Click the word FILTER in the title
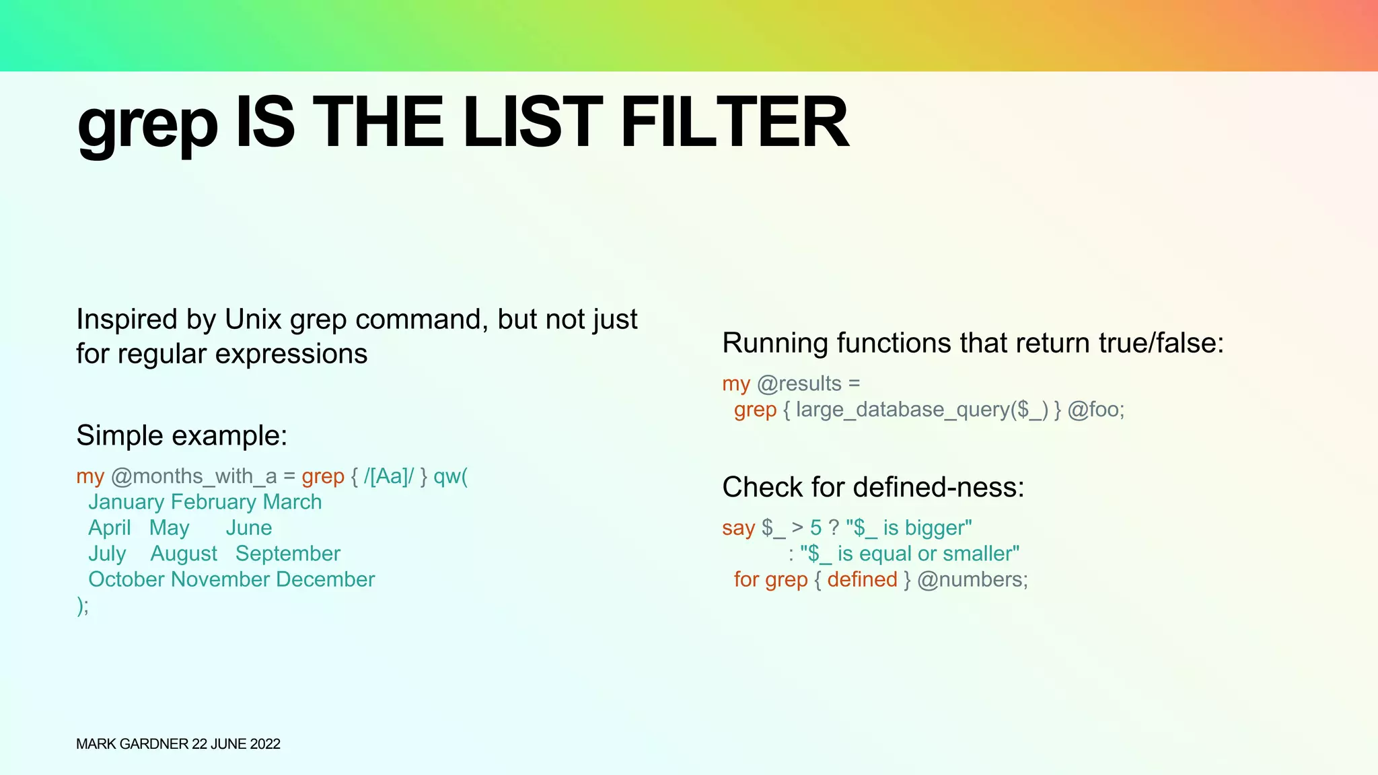735,122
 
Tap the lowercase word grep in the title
147,124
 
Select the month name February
213,502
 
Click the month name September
288,554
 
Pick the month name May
170,528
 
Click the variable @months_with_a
194,476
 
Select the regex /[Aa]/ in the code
389,476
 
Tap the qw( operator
450,476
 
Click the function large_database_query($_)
922,410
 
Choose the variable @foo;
1096,410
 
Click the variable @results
799,383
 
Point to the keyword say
738,528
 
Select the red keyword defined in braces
863,579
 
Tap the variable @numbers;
972,579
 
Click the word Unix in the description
253,320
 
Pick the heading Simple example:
182,435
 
